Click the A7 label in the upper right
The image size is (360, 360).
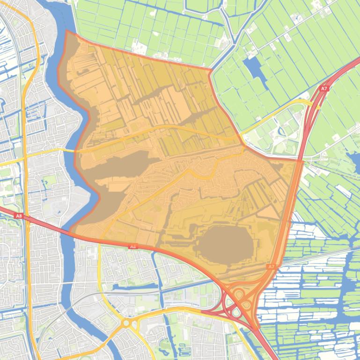point(324,88)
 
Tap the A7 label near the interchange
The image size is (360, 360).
point(271,266)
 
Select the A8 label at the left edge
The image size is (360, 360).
point(19,216)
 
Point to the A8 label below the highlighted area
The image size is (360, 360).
point(133,246)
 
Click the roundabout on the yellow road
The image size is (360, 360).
point(126,323)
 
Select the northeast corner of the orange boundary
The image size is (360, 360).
point(211,70)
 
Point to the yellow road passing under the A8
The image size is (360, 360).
point(100,240)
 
